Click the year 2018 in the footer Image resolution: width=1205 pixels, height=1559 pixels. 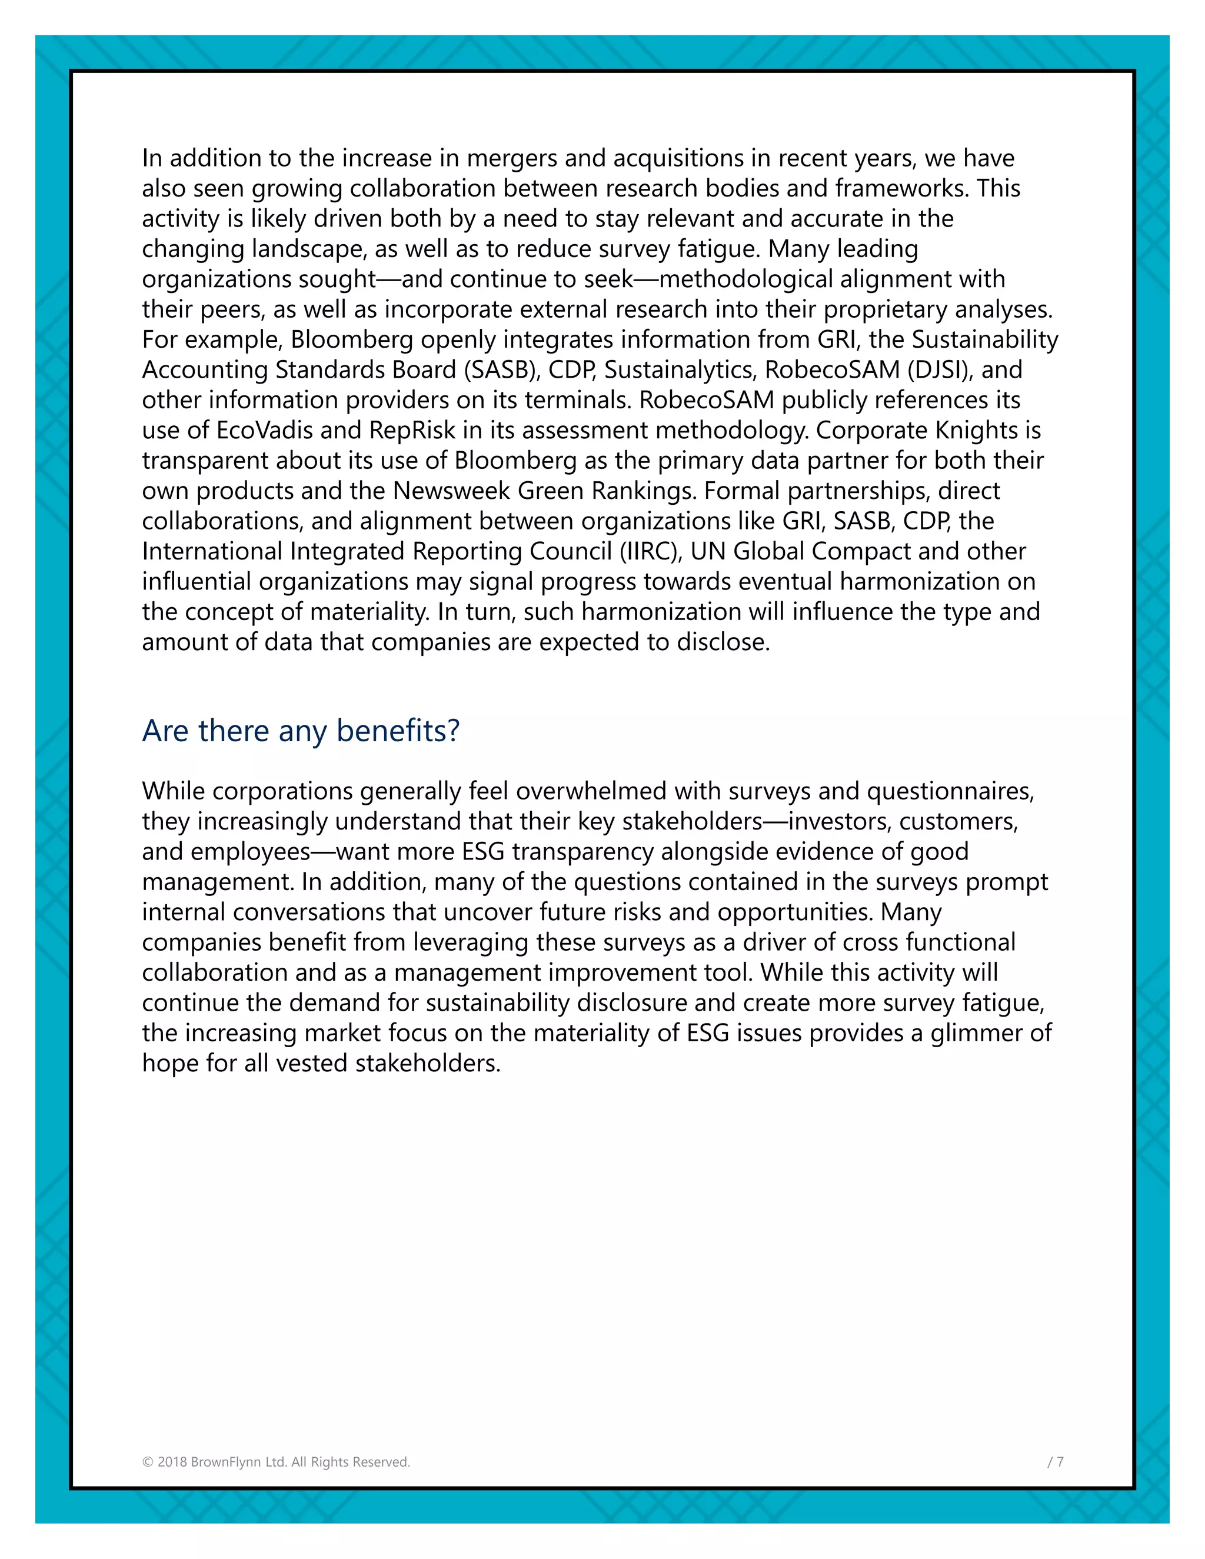tap(172, 1462)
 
